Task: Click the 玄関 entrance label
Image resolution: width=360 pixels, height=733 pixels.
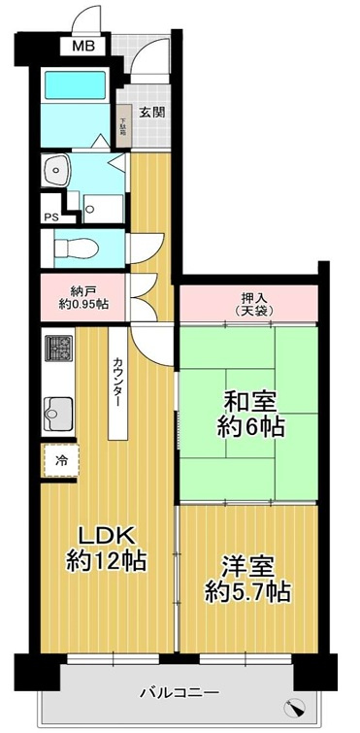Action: click(151, 112)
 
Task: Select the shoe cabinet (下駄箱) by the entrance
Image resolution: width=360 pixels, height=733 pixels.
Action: click(124, 124)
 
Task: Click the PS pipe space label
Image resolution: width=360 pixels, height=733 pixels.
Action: click(49, 217)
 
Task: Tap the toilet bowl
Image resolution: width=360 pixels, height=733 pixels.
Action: click(76, 247)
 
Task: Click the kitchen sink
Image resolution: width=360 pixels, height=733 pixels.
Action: click(58, 412)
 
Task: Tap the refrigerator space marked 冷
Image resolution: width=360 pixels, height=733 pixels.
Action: click(60, 461)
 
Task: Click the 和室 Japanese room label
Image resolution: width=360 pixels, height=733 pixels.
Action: click(248, 400)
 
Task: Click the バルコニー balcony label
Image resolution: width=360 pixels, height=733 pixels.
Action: click(178, 692)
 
